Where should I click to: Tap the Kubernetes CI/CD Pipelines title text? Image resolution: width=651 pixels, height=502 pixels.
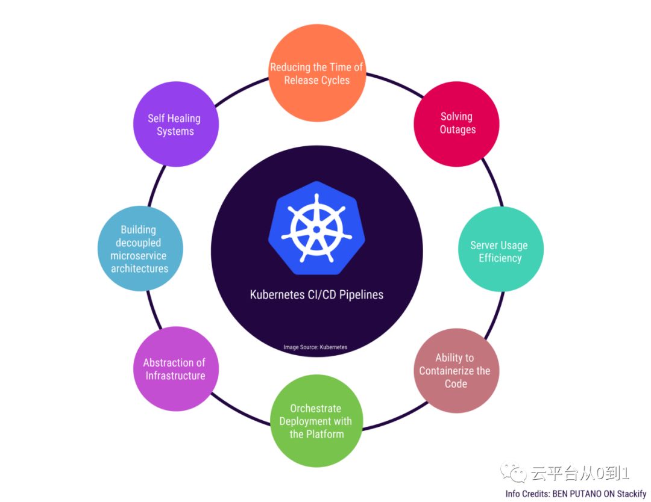point(316,295)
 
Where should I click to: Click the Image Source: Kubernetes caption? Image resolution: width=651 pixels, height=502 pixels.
point(315,347)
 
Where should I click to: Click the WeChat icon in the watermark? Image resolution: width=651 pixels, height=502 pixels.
point(515,474)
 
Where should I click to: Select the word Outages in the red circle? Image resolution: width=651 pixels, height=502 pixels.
point(458,129)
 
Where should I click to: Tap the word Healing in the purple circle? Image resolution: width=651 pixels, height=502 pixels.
point(184,118)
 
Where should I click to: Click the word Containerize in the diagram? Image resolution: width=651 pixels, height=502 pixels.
point(448,371)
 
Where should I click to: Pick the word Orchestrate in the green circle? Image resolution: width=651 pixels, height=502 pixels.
point(315,408)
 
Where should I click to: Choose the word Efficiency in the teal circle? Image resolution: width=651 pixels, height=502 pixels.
point(500,258)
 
